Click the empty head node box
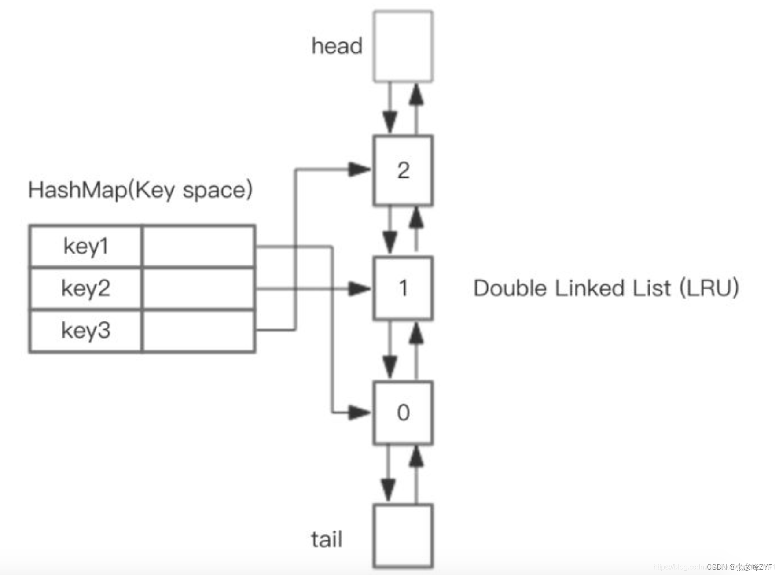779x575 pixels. click(403, 47)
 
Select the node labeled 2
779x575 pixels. click(403, 170)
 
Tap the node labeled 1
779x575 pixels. click(403, 288)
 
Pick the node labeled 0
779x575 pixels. click(403, 413)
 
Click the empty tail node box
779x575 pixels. click(403, 535)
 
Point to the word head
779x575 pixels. click(337, 46)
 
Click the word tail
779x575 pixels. click(327, 539)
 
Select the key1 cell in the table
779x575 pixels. click(86, 246)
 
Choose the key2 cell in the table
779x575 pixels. click(86, 288)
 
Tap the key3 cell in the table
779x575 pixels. click(86, 330)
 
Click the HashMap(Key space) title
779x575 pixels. click(140, 190)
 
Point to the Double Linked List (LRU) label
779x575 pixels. click(606, 288)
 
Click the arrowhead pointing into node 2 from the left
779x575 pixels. click(360, 169)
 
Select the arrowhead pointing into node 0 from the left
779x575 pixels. click(360, 413)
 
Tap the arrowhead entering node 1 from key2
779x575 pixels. click(360, 289)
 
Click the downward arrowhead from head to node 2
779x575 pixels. click(389, 122)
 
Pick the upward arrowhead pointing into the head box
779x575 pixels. click(416, 94)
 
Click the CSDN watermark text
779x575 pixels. click(739, 567)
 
